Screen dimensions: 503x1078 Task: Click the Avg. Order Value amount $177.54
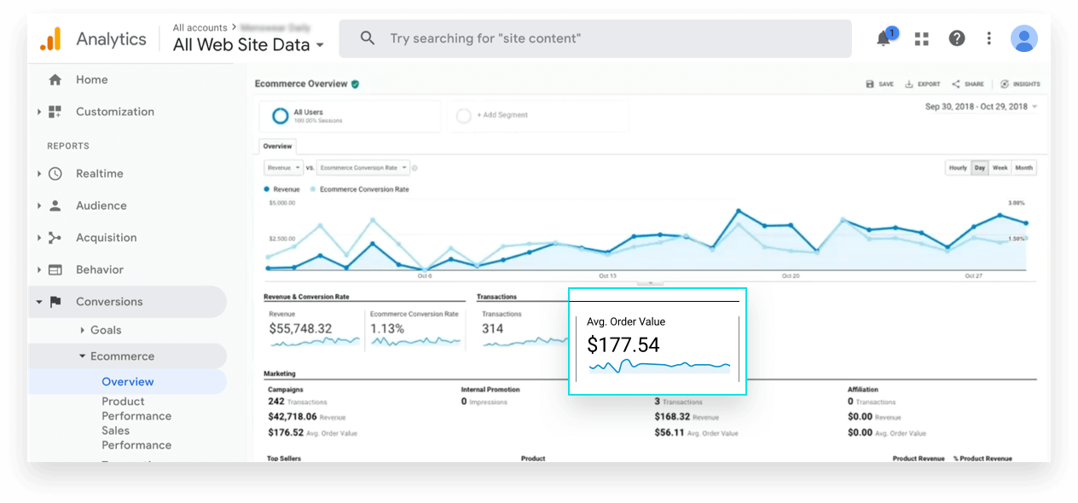pos(623,344)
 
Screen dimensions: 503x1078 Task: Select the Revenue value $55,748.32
pos(300,328)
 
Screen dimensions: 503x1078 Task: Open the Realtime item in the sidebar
pos(99,174)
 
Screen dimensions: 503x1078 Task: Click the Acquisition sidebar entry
pos(106,238)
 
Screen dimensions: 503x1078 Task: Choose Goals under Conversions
pos(106,330)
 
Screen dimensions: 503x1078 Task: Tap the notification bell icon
pos(884,38)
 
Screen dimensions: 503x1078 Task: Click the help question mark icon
pos(957,38)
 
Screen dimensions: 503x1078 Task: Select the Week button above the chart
pos(1000,168)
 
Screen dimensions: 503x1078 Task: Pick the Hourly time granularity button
pos(958,168)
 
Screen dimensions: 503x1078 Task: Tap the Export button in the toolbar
pos(923,84)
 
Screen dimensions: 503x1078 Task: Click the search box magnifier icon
pos(368,38)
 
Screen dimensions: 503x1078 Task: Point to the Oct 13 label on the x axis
pos(607,276)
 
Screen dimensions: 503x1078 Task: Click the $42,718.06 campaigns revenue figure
pos(293,417)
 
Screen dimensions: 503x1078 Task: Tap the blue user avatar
pos(1023,38)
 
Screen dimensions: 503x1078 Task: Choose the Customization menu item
pos(114,112)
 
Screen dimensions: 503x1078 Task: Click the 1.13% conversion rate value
pos(387,328)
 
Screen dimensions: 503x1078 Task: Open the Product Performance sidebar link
pos(136,408)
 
